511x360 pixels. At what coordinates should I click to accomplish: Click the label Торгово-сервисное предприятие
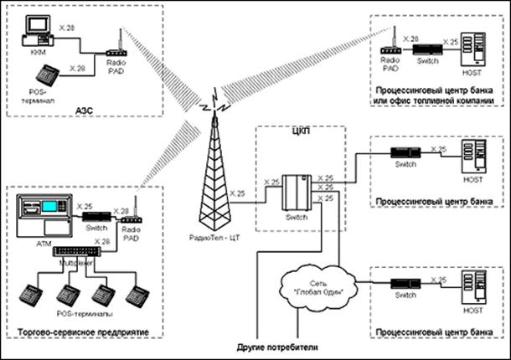[82, 332]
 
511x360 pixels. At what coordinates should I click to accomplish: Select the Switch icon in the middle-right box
[405, 155]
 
